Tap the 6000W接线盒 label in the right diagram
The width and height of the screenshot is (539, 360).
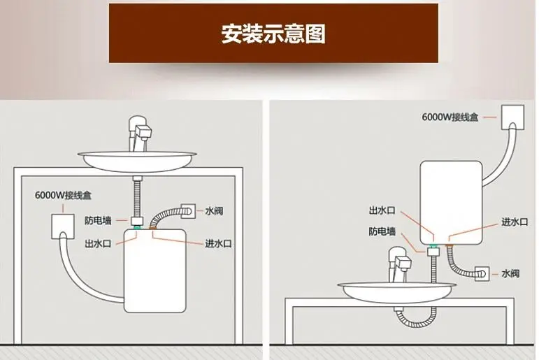pyautogui.click(x=450, y=117)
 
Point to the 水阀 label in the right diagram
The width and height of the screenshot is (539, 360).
pyautogui.click(x=510, y=273)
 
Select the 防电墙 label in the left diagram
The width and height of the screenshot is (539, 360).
pyautogui.click(x=97, y=220)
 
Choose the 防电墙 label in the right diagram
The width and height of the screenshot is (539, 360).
pyautogui.click(x=382, y=231)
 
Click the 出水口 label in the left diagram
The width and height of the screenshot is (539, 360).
pyautogui.click(x=97, y=243)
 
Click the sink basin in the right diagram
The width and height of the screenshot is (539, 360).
pyautogui.click(x=395, y=291)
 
